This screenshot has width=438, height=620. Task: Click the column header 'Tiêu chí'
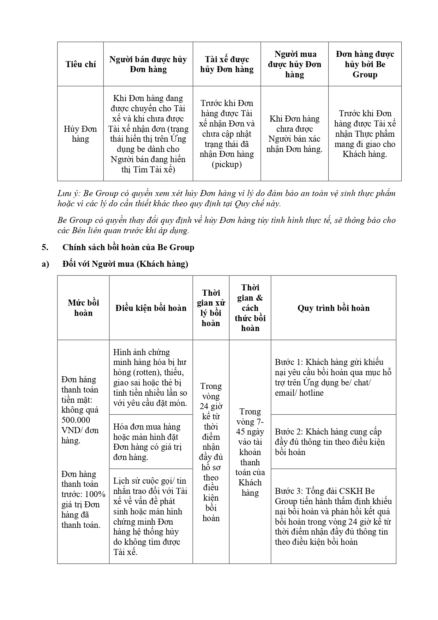(80, 64)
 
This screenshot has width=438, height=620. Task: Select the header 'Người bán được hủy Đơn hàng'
(148, 64)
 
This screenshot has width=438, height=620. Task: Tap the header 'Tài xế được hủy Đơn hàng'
(227, 64)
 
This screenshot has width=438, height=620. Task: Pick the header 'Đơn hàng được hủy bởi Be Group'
(365, 64)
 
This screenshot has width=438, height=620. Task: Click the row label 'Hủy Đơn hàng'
(80, 134)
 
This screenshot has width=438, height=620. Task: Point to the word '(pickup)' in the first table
(227, 165)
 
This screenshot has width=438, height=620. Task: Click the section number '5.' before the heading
(45, 247)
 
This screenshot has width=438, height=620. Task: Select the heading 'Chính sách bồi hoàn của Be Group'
(128, 247)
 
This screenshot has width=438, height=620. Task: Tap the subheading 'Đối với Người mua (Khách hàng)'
(125, 264)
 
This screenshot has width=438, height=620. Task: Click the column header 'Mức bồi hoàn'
(83, 308)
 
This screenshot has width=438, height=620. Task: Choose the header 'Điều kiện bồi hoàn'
(151, 308)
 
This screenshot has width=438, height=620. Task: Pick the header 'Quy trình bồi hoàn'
(333, 308)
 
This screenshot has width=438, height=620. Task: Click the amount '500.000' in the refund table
(76, 420)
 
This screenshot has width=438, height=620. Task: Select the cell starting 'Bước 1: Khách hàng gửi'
(333, 377)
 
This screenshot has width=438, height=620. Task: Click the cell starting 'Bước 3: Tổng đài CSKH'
(333, 516)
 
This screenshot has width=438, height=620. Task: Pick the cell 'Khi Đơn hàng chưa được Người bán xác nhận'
(294, 134)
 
